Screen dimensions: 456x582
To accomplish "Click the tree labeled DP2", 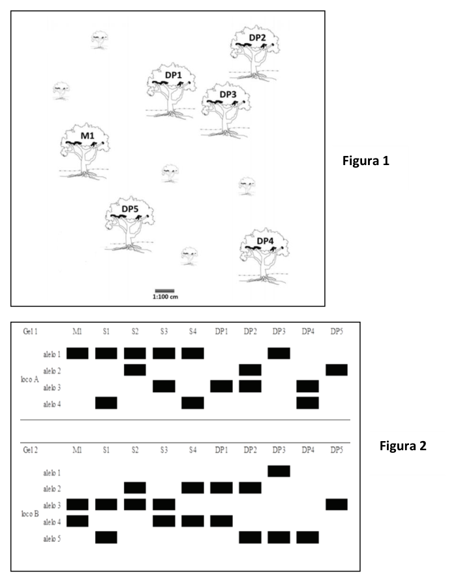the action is [x=254, y=53].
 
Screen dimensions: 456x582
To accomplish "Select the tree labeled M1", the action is [x=85, y=151].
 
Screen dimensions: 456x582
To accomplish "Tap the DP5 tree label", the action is [x=130, y=209].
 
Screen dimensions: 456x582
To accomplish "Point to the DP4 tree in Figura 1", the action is [x=264, y=256].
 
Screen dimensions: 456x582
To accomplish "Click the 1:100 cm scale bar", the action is [x=165, y=291].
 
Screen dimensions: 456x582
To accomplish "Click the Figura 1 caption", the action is [x=366, y=161].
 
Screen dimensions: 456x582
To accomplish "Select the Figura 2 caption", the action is [x=403, y=446].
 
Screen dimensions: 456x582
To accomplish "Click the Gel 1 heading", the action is [x=30, y=331].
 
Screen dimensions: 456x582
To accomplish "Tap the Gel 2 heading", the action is [x=30, y=450].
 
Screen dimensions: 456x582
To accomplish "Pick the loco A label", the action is [x=30, y=379].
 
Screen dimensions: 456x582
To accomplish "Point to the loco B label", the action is [x=30, y=514].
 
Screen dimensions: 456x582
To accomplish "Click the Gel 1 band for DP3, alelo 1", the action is [x=279, y=353].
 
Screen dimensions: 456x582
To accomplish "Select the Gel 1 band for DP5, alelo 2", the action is [x=337, y=370].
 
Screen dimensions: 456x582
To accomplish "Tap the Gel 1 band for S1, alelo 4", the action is [x=106, y=403].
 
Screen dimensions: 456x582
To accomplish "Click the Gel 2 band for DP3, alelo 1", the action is [x=279, y=471].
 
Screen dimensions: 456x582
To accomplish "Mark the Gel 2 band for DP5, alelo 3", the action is [x=337, y=504].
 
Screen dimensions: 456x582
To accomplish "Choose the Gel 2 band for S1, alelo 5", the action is [x=106, y=537].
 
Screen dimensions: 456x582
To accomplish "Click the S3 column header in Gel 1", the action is [x=164, y=331].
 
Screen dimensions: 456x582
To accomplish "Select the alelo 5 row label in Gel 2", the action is [x=52, y=538].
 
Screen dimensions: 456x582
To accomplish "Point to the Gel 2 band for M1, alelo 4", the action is [x=78, y=521].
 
